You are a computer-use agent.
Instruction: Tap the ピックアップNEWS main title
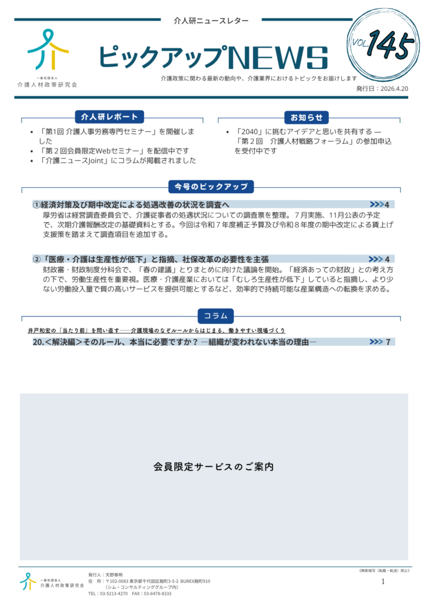[212, 57]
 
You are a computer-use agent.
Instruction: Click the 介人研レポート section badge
[110, 117]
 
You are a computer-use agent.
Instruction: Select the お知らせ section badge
[306, 117]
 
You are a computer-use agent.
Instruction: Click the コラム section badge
[215, 316]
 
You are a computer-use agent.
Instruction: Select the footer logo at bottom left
[28, 581]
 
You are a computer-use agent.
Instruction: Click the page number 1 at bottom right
[383, 582]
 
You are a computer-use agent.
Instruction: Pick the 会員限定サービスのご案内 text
[214, 466]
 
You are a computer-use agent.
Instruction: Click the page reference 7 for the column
[388, 342]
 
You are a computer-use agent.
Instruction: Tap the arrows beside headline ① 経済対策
[376, 204]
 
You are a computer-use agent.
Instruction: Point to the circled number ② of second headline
[37, 259]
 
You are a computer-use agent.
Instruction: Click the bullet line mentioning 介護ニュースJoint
[117, 161]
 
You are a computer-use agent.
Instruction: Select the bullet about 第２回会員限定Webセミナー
[114, 151]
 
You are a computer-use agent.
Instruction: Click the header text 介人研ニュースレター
[211, 21]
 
